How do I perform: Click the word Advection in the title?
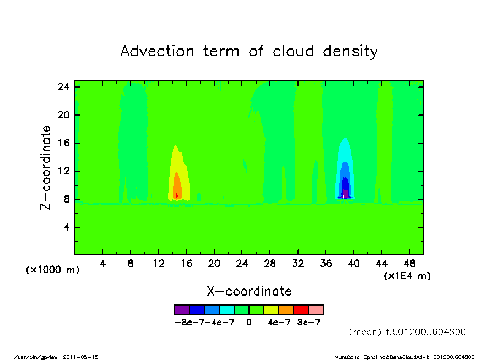tap(157, 51)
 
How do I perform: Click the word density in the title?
tap(350, 52)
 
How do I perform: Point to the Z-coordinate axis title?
tap(45, 167)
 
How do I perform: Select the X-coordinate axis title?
tap(249, 291)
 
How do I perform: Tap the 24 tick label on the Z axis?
tap(63, 86)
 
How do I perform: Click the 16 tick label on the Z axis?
tap(63, 143)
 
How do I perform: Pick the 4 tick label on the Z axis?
tap(66, 227)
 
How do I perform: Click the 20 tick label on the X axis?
tap(214, 263)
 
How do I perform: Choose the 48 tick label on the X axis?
tap(409, 263)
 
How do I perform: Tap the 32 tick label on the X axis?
tap(297, 263)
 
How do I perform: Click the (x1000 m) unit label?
tap(52, 270)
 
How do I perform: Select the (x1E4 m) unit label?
tap(407, 276)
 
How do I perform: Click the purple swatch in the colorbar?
tap(182, 310)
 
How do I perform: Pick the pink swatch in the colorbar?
tap(316, 310)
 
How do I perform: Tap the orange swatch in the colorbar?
tap(286, 310)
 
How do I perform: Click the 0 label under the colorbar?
tap(249, 323)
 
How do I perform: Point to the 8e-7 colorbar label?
tap(308, 323)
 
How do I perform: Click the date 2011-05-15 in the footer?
tap(80, 357)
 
